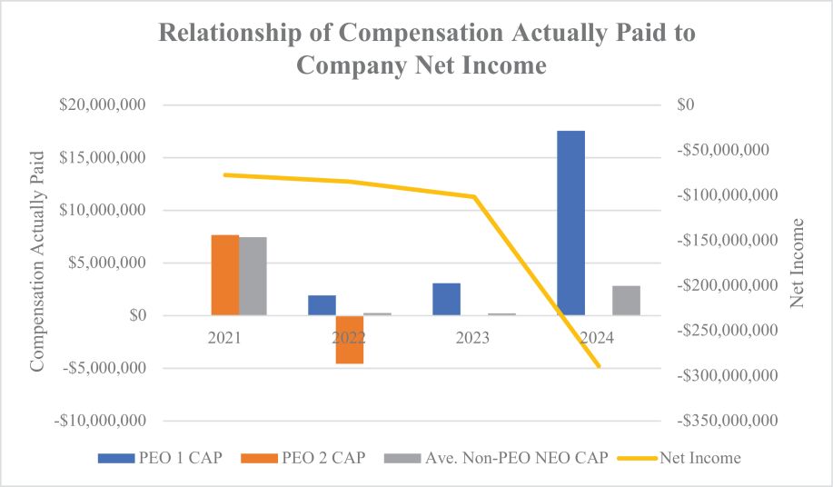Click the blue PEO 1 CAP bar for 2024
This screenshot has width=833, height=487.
[x=570, y=224]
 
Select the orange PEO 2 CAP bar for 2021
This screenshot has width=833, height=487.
[x=225, y=275]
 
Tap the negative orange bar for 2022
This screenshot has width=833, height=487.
[x=349, y=340]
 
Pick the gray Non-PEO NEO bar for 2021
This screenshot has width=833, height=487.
[x=253, y=276]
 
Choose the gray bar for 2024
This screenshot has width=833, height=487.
[x=626, y=301]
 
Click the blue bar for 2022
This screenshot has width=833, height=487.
[x=322, y=305]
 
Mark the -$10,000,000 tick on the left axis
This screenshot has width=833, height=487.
[x=100, y=422]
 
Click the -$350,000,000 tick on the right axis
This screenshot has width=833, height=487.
[x=729, y=422]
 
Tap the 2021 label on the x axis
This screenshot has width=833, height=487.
[x=223, y=337]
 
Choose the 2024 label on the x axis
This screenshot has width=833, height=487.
[x=598, y=337]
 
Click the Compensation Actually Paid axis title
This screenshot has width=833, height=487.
[x=37, y=263]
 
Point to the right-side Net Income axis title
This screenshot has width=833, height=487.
[x=798, y=263]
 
